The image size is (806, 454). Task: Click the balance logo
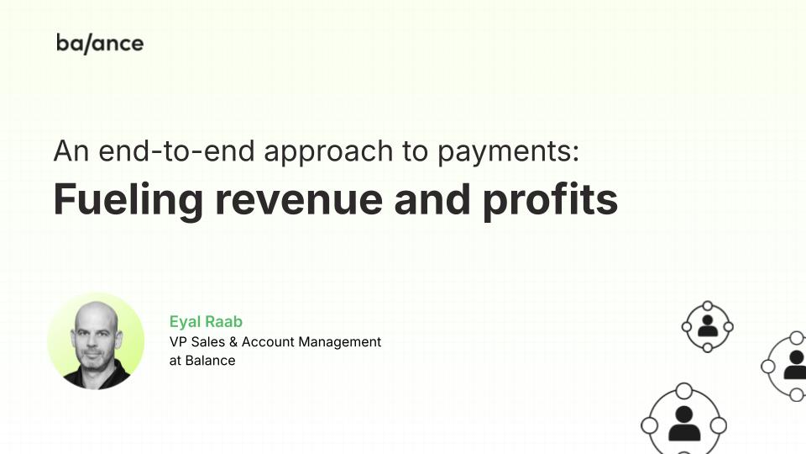(x=100, y=43)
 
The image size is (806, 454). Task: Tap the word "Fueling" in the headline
(x=128, y=200)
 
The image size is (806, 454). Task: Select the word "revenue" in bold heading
(x=299, y=200)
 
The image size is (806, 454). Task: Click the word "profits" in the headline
(x=550, y=200)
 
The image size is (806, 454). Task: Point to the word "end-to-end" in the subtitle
(x=176, y=150)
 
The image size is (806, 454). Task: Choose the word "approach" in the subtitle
(x=328, y=152)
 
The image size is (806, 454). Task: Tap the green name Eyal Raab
(x=206, y=322)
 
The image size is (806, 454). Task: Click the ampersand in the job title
(x=233, y=342)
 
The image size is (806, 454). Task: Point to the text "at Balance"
(x=202, y=361)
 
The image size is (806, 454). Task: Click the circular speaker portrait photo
(x=96, y=341)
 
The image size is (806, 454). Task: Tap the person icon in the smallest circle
(x=708, y=326)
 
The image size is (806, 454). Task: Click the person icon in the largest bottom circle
(x=684, y=424)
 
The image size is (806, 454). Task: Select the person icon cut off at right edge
(x=796, y=365)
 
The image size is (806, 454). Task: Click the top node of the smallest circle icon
(x=708, y=306)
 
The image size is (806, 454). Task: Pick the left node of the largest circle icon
(x=650, y=425)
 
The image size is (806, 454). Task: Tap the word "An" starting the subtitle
(x=71, y=150)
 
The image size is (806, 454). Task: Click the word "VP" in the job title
(x=178, y=342)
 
